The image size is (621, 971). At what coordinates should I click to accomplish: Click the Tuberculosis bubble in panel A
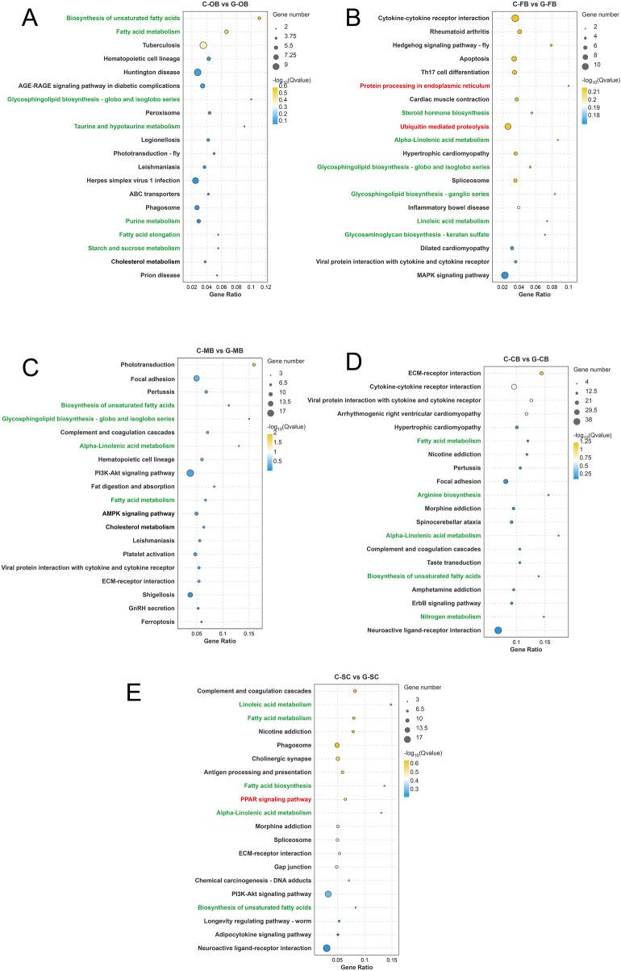[203, 45]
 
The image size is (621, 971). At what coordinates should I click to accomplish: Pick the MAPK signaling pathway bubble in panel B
[505, 275]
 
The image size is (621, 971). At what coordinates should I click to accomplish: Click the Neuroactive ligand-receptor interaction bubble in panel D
[498, 630]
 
